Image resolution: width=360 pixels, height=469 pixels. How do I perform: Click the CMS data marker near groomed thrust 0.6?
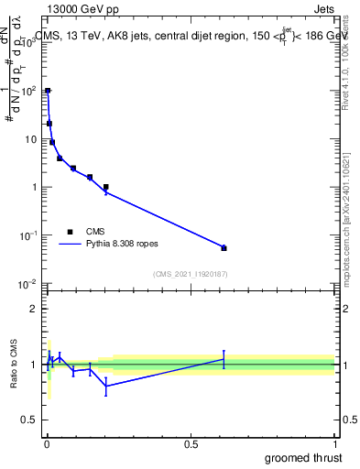point(224,248)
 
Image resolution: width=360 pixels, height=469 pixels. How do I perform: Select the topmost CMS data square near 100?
point(48,91)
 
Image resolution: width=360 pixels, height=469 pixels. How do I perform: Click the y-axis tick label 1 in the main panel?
point(33,187)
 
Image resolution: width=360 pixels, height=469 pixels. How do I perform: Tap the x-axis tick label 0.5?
point(191,444)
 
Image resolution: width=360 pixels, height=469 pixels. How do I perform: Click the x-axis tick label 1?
point(335,444)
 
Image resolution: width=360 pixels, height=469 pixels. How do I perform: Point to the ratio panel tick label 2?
point(34,309)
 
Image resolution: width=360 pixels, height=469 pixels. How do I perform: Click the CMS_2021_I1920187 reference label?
point(190,273)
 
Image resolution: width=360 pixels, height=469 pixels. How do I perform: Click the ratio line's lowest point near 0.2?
point(106,386)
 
